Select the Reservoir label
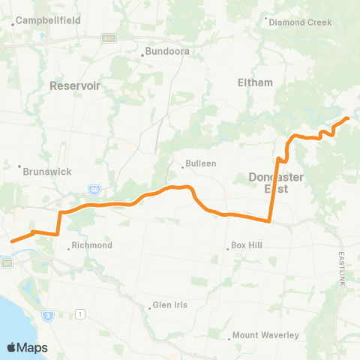(75, 86)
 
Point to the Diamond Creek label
(301, 22)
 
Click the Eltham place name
(254, 82)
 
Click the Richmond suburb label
(93, 245)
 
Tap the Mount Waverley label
(265, 335)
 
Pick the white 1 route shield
(79, 313)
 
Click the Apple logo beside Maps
(12, 347)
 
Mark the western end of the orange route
(11, 241)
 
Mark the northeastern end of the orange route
(348, 118)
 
